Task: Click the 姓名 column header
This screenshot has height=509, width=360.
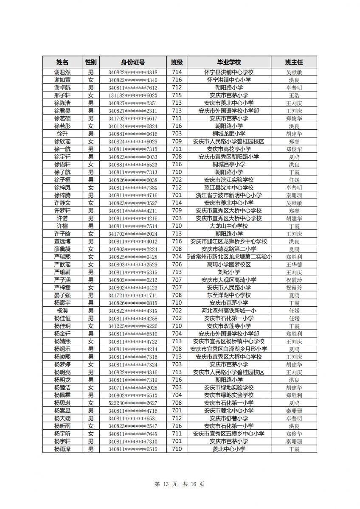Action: coord(62,62)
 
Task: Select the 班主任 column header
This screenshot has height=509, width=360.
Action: coord(294,62)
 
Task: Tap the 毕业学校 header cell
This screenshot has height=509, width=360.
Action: coord(229,62)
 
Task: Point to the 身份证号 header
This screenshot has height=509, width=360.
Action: coord(132,62)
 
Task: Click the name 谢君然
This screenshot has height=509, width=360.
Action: coord(62,73)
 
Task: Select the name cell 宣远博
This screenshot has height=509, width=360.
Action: coord(62,242)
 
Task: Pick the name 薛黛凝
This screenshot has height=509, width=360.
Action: coord(62,249)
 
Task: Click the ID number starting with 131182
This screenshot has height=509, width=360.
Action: coord(132,95)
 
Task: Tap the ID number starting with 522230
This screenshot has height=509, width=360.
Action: coord(132,403)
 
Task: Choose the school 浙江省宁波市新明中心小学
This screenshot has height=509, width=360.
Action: coord(229,196)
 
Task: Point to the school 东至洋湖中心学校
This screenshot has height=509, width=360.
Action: coord(229,295)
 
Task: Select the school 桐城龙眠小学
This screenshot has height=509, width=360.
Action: coord(229,134)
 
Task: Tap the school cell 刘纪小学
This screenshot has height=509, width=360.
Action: coord(229,272)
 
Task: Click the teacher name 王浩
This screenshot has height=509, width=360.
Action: coord(294,95)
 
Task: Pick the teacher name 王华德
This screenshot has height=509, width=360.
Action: coord(294,265)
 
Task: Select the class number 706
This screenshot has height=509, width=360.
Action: coord(177,265)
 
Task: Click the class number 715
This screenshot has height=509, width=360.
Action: coord(177,95)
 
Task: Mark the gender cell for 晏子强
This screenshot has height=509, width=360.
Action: coord(91,295)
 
